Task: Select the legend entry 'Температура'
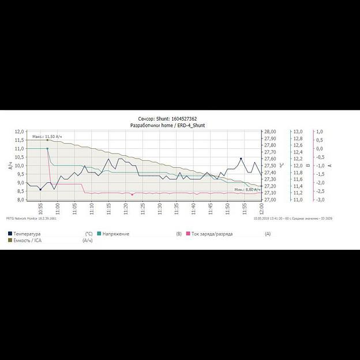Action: click(x=28, y=234)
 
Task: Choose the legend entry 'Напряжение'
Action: click(x=116, y=234)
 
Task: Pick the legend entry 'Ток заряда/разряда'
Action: click(x=212, y=234)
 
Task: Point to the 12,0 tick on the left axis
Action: click(x=20, y=132)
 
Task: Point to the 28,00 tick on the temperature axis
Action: click(x=270, y=132)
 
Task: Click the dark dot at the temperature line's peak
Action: click(x=241, y=159)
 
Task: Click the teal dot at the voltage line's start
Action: click(x=47, y=149)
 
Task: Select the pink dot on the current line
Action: click(x=132, y=195)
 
